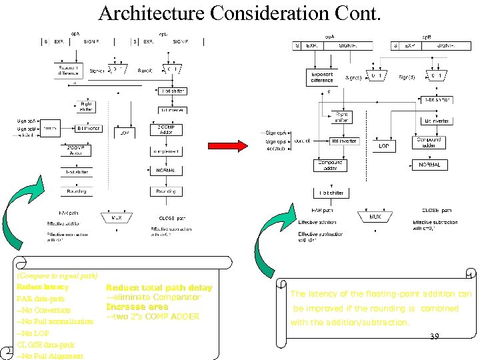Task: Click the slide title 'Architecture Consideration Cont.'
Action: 240,13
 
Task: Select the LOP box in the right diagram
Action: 384,145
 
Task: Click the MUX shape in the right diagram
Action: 375,217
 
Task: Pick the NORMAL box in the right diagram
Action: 430,165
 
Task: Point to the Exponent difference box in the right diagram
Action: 322,77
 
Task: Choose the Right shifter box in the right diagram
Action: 341,117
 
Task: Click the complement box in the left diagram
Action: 166,152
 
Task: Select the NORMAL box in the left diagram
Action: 166,171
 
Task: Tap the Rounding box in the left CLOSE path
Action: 166,191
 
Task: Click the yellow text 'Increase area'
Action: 137,307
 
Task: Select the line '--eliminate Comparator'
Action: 153,297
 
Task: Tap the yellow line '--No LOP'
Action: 34,333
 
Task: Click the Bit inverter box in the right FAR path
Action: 344,141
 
